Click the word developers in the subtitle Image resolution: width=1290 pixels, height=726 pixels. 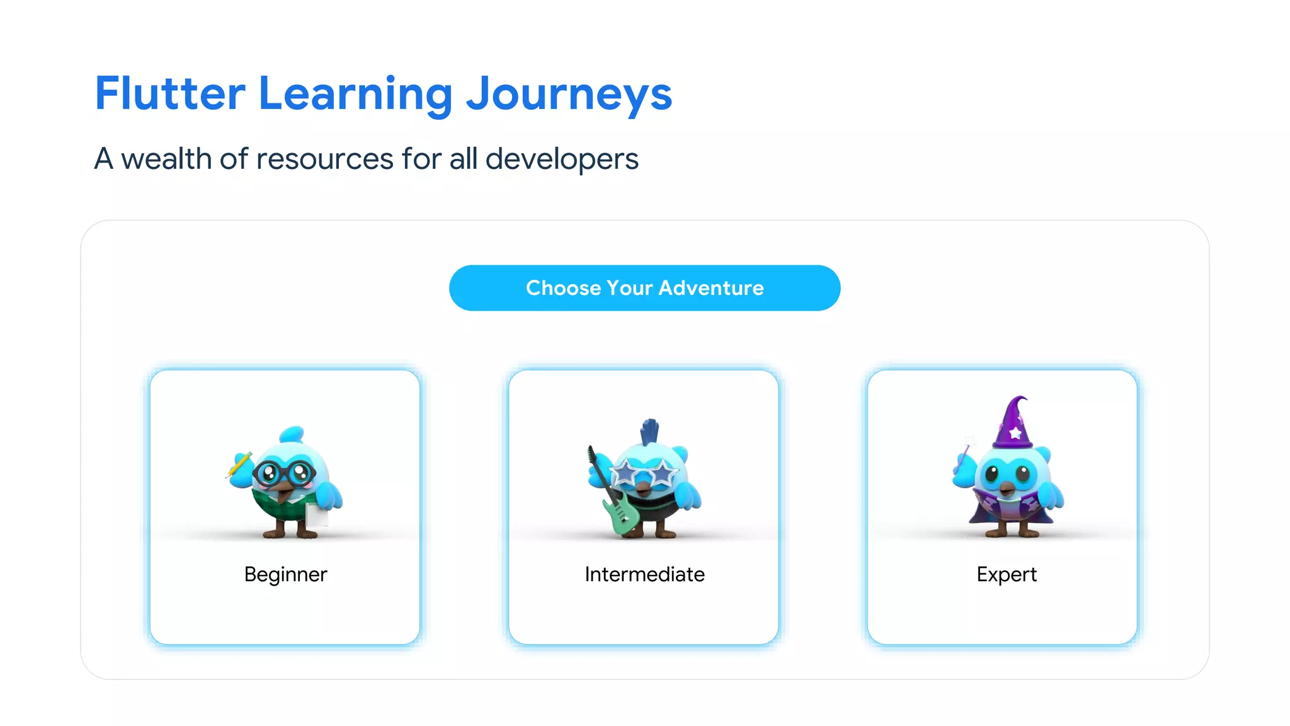click(562, 159)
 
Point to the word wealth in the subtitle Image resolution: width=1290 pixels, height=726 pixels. click(166, 159)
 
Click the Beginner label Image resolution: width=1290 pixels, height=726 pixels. click(285, 574)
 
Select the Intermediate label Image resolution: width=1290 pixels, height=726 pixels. click(644, 574)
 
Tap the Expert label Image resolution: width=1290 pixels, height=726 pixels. click(1006, 574)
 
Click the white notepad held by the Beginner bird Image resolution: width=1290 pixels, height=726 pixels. click(317, 514)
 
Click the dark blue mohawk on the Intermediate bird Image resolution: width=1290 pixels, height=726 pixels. click(649, 432)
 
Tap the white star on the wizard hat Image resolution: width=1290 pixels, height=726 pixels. click(1015, 434)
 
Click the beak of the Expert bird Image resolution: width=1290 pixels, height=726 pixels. click(1007, 488)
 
